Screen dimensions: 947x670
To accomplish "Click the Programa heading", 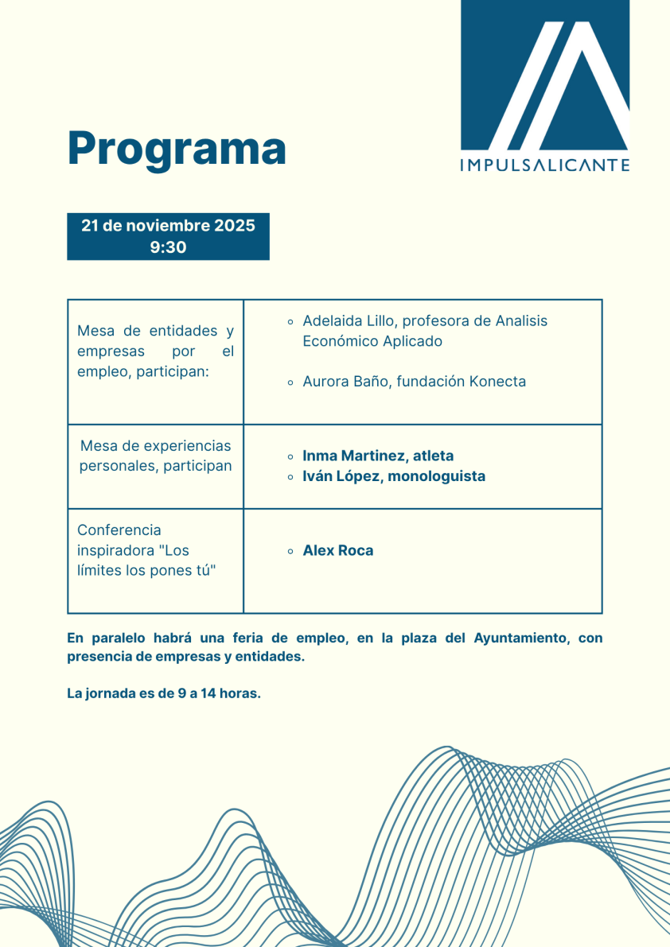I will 177,148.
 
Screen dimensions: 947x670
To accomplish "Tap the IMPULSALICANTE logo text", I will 545,165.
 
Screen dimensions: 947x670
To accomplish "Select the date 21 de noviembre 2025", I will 168,225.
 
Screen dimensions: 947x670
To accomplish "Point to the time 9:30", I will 168,247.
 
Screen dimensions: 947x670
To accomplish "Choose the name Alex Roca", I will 337,550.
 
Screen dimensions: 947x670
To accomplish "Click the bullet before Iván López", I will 291,477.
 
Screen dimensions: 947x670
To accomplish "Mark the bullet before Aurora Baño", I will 291,382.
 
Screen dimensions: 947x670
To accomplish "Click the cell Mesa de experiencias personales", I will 155,456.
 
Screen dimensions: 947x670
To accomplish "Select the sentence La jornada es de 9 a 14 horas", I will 164,693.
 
